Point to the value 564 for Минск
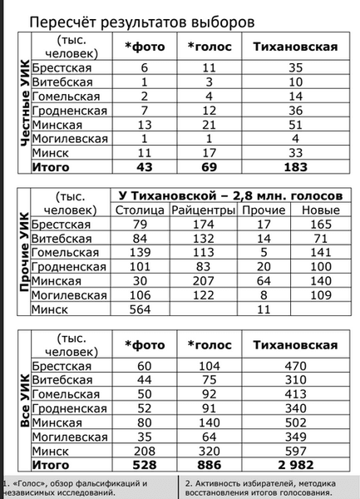pyautogui.click(x=139, y=309)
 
